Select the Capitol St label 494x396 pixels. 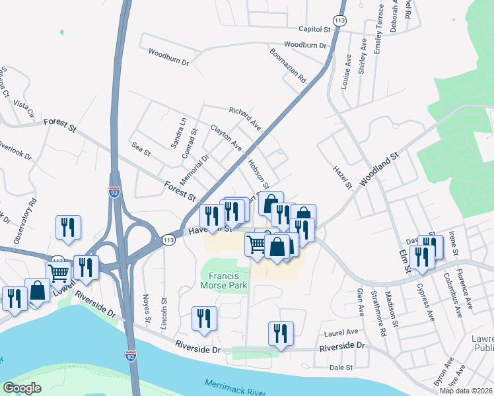(314, 29)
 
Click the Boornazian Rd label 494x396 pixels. (289, 64)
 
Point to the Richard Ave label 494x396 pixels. (245, 117)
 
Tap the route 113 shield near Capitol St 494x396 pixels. (339, 21)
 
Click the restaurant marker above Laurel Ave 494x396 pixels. (281, 334)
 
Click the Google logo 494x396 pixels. (22, 388)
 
